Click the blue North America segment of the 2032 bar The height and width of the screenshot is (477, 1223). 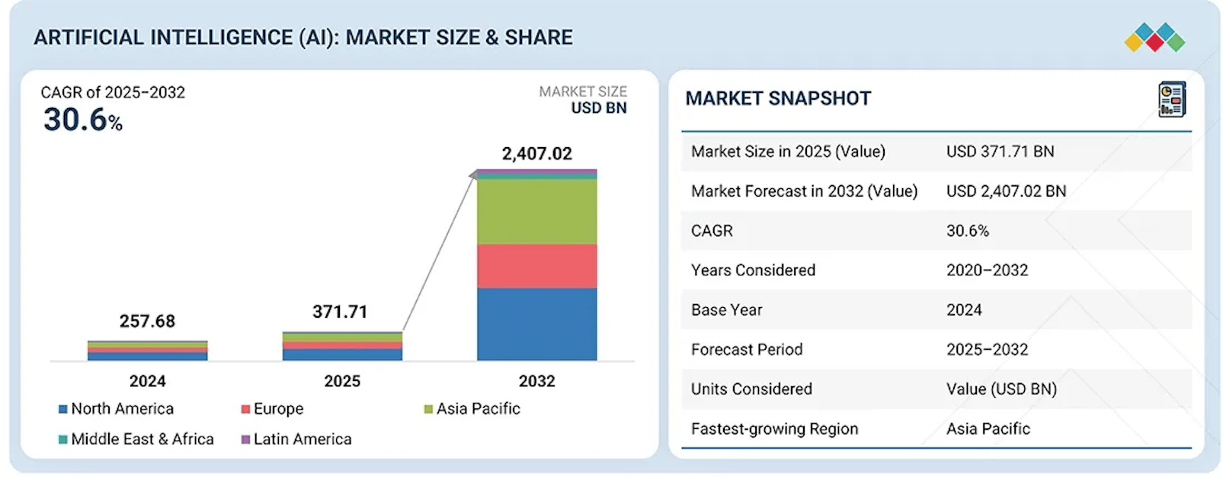(x=536, y=324)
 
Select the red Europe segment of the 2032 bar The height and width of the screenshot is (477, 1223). (x=536, y=266)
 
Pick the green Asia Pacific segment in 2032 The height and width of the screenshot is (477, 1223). (x=536, y=211)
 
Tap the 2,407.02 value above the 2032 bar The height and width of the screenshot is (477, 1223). (x=536, y=154)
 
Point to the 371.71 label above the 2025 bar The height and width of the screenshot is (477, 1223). (x=340, y=312)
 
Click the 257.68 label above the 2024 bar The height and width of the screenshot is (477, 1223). (x=147, y=322)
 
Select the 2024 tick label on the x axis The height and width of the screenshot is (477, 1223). (x=147, y=381)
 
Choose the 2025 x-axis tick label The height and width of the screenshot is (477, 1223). (x=342, y=381)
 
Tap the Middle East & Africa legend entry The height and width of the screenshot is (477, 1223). (x=136, y=440)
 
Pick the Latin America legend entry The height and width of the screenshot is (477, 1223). (x=296, y=440)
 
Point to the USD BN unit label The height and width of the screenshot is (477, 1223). (x=599, y=108)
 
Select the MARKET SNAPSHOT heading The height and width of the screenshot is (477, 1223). (x=778, y=98)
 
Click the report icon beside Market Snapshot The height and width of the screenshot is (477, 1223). (x=1171, y=100)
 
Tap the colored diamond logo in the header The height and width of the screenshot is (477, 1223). (x=1154, y=37)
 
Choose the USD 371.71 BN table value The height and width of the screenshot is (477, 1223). (x=1000, y=152)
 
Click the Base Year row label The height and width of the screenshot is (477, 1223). (x=726, y=310)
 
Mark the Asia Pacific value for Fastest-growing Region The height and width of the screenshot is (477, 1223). (x=988, y=429)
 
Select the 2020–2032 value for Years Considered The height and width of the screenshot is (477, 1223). (x=987, y=271)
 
